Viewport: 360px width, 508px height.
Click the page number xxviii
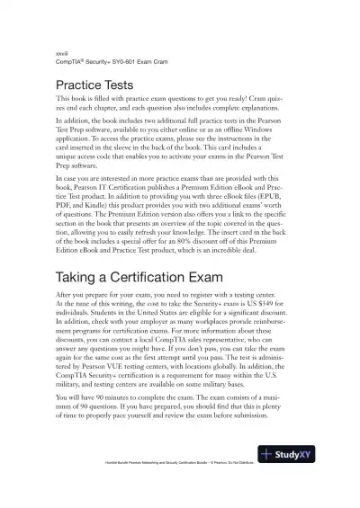(61, 55)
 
